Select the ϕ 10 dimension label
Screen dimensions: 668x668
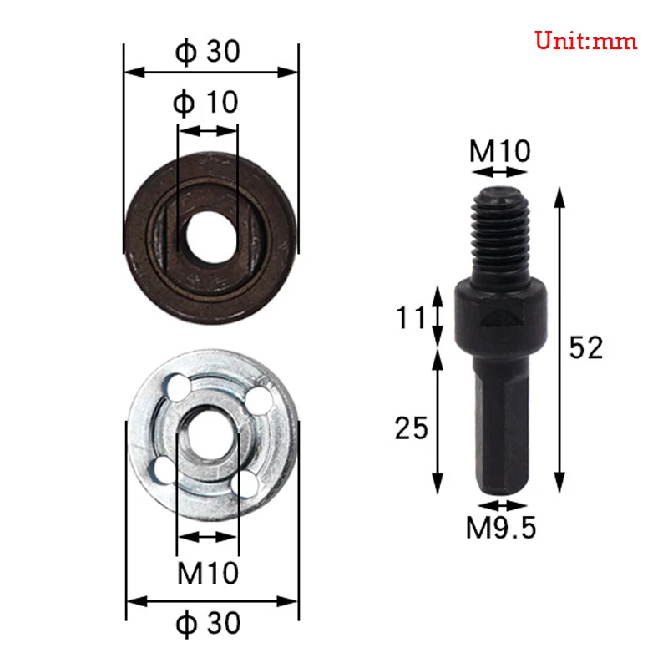pyautogui.click(x=205, y=103)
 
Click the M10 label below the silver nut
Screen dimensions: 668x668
pyautogui.click(x=208, y=573)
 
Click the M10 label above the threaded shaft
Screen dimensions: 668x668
pyautogui.click(x=499, y=151)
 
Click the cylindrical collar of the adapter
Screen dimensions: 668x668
pyautogui.click(x=498, y=317)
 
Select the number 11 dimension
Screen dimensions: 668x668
pyautogui.click(x=412, y=318)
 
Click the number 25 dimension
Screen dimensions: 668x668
pyautogui.click(x=411, y=428)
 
